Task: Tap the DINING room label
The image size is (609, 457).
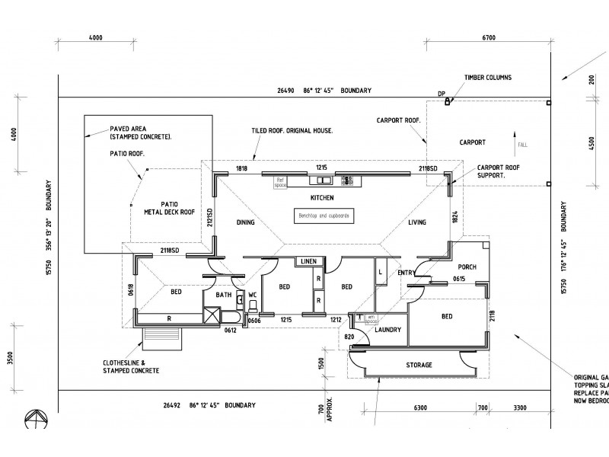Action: pyautogui.click(x=245, y=222)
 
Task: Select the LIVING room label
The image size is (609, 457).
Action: pyautogui.click(x=416, y=222)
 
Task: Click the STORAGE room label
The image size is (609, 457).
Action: pyautogui.click(x=418, y=366)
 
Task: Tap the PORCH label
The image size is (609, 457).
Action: pyautogui.click(x=467, y=267)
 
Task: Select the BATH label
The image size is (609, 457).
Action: pyautogui.click(x=223, y=295)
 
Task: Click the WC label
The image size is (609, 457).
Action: pyautogui.click(x=253, y=295)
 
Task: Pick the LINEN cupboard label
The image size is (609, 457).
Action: pyautogui.click(x=308, y=262)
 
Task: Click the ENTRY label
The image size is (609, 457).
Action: pyautogui.click(x=405, y=273)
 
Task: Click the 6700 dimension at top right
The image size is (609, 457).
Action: pyautogui.click(x=489, y=37)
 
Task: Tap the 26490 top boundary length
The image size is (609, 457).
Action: pyautogui.click(x=286, y=91)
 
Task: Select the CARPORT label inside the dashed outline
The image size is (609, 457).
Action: pyautogui.click(x=473, y=142)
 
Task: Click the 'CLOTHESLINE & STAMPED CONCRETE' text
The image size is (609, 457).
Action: pyautogui.click(x=132, y=366)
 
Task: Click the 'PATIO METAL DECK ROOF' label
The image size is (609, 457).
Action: pyautogui.click(x=169, y=208)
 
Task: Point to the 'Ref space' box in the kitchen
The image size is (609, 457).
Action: pyautogui.click(x=279, y=182)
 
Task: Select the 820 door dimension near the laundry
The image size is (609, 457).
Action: pyautogui.click(x=349, y=336)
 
